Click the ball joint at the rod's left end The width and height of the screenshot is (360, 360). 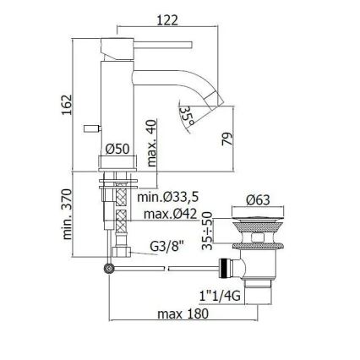(x=108, y=269)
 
